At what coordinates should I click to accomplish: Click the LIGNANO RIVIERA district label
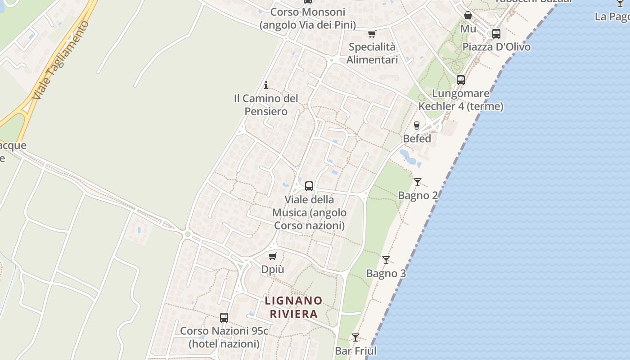tap(293, 307)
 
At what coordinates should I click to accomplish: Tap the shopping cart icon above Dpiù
tap(272, 256)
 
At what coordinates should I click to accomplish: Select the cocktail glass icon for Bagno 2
tap(418, 182)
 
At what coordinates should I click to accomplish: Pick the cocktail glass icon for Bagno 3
tap(386, 260)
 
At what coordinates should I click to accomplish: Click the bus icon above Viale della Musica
tap(309, 186)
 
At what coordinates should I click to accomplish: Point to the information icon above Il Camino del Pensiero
tap(266, 85)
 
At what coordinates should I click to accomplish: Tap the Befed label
tap(417, 139)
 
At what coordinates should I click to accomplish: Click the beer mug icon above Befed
tap(417, 126)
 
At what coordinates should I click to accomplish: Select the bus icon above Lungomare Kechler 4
tap(461, 80)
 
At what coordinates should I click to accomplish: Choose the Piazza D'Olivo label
tap(496, 47)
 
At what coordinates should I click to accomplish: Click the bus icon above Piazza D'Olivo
tap(496, 34)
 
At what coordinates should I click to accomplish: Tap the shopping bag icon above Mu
tap(468, 16)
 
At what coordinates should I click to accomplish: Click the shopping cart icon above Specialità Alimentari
tap(372, 34)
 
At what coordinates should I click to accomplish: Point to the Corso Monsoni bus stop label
tap(308, 18)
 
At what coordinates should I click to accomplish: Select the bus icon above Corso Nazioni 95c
tap(224, 318)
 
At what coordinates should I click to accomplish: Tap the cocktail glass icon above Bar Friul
tap(355, 337)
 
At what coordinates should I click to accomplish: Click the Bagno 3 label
tap(386, 274)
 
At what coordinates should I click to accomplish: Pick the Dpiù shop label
tap(273, 270)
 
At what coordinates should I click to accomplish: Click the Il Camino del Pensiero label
tap(266, 105)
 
